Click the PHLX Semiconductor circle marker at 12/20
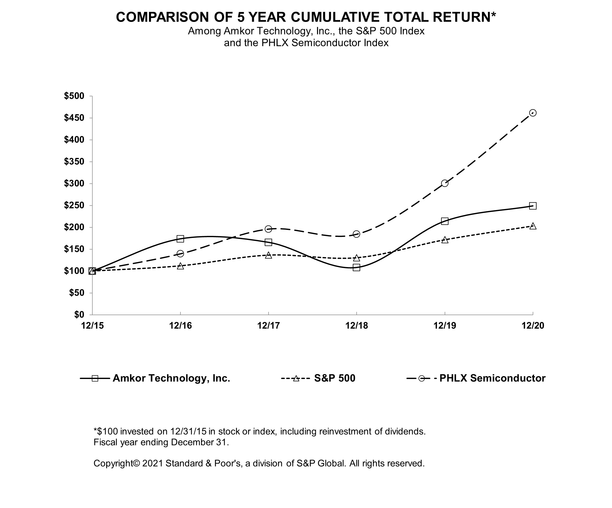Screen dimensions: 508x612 tap(532, 113)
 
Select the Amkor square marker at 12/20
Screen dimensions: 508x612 tap(532, 206)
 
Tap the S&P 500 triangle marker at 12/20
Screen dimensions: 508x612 tap(532, 226)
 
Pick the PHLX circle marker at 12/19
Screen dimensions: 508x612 tap(444, 183)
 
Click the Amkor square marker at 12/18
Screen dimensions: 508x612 tap(356, 267)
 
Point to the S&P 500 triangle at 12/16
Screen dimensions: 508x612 tap(180, 266)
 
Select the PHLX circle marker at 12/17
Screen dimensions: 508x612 tap(269, 229)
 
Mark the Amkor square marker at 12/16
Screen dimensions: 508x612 tap(180, 239)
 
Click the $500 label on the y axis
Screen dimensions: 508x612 tap(74, 96)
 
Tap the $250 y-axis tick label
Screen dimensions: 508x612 tap(74, 205)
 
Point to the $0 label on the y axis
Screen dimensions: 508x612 tap(79, 315)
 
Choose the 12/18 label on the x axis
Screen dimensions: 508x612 tap(356, 326)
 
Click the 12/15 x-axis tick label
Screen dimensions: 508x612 tap(92, 326)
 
